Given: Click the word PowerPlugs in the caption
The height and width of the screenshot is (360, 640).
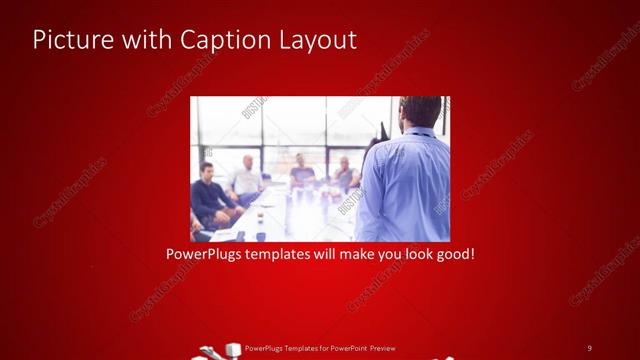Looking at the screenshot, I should pos(205,254).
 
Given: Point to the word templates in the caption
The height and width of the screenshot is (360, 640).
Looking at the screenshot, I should pos(288,254).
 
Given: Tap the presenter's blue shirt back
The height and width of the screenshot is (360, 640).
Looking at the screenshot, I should pos(404,185).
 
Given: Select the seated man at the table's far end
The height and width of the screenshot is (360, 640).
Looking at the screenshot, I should pos(301,173).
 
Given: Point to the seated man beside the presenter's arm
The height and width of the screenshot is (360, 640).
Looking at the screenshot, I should pos(345,173).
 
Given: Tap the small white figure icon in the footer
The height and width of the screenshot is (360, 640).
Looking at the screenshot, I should pos(235,350).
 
